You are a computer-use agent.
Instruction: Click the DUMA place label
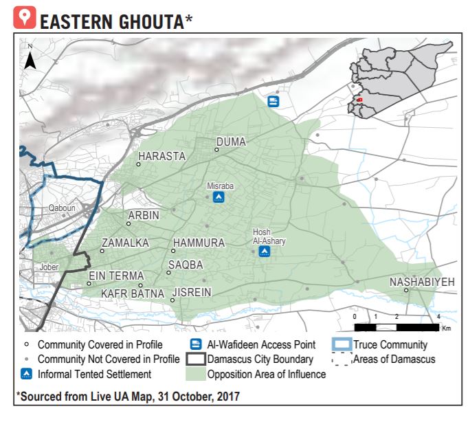[231, 142]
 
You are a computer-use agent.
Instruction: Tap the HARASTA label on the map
[161, 157]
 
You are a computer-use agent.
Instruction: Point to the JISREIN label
[192, 293]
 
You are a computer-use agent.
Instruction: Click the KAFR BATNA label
[133, 294]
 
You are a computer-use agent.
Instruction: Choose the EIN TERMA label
[116, 276]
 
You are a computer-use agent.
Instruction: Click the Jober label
[49, 264]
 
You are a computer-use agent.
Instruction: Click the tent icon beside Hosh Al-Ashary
[265, 252]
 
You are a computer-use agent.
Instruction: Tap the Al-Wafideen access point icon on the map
[273, 102]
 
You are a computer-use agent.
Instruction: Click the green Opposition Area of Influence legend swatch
[195, 375]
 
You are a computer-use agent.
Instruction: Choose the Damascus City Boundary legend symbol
[195, 359]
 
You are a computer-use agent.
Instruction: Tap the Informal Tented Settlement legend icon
[26, 375]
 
